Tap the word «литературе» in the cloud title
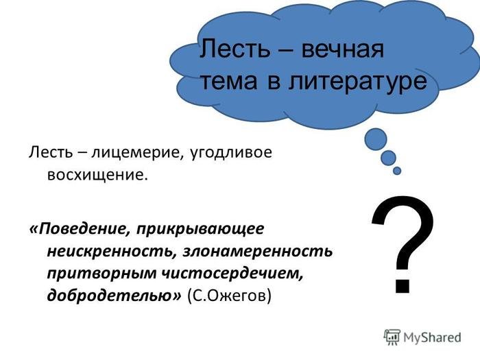click(x=357, y=82)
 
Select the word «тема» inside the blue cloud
click(x=228, y=82)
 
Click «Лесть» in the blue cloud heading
click(x=235, y=49)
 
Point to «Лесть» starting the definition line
click(x=51, y=152)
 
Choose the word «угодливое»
click(x=231, y=153)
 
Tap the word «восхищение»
click(x=95, y=175)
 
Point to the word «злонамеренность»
click(x=258, y=252)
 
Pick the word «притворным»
click(x=102, y=274)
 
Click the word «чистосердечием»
click(x=232, y=273)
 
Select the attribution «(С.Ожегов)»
click(x=229, y=296)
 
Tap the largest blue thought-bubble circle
click(x=376, y=139)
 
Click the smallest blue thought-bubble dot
click(x=397, y=171)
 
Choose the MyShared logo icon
click(x=392, y=337)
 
